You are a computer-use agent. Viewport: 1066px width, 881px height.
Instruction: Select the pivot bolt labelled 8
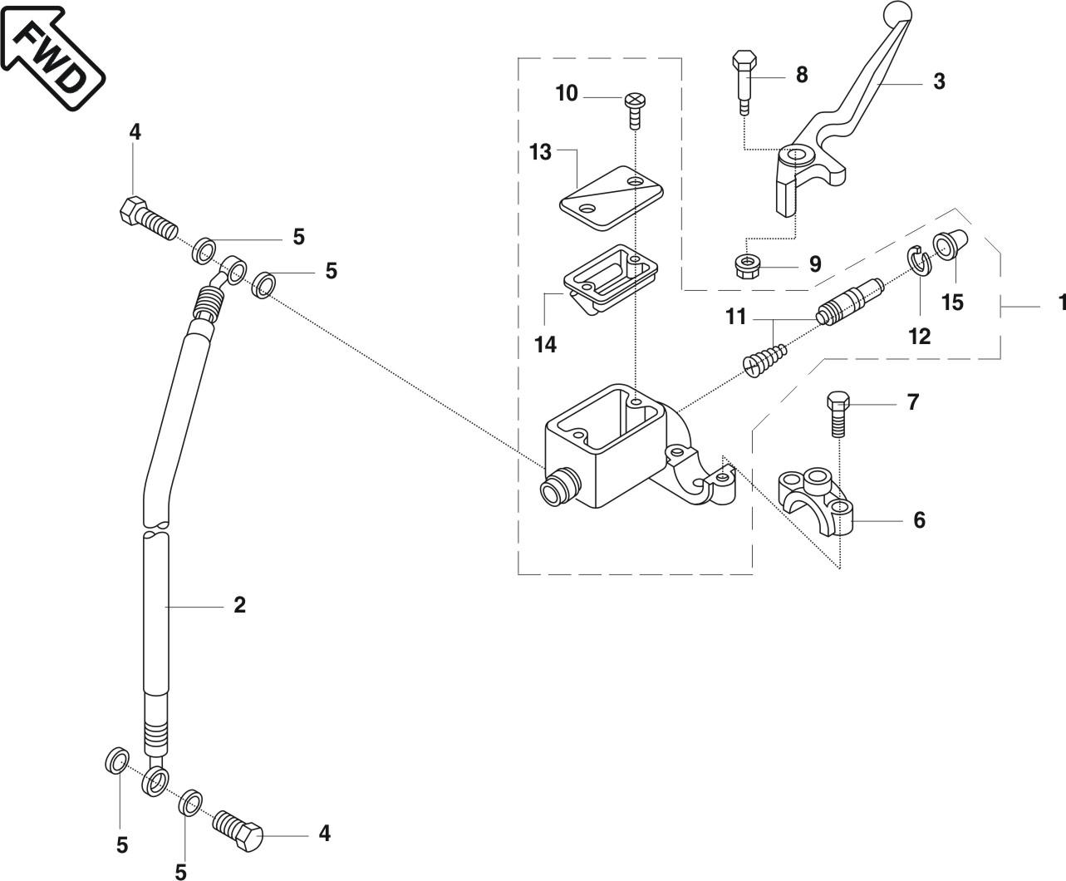[x=744, y=83]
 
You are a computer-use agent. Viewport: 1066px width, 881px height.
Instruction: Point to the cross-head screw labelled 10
[x=635, y=111]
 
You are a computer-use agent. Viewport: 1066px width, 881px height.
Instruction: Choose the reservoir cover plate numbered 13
[x=612, y=198]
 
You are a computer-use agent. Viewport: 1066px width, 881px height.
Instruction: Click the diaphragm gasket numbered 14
[x=611, y=279]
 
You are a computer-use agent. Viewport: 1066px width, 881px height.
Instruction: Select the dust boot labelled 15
[x=951, y=244]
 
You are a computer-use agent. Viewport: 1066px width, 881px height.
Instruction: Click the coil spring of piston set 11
[x=764, y=361]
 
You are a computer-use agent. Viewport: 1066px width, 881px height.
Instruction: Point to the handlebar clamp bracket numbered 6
[x=815, y=502]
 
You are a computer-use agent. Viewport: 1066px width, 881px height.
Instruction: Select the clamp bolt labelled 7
[x=838, y=414]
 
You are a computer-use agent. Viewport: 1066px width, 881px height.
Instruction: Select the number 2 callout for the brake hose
[x=239, y=605]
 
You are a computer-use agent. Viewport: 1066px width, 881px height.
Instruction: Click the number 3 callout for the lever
[x=939, y=81]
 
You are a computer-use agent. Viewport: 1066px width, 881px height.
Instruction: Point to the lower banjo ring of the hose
[x=155, y=781]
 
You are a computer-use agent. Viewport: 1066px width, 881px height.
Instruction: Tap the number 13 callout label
[x=541, y=152]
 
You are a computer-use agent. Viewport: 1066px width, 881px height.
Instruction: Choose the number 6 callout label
[x=919, y=520]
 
